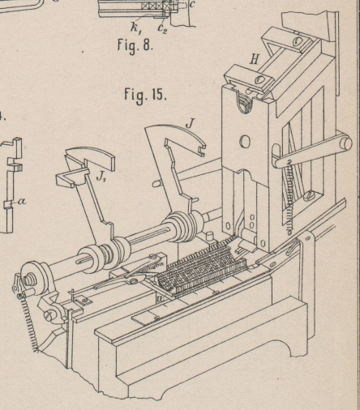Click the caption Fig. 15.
[x=145, y=95]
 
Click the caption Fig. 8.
[x=135, y=45]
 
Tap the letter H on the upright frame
[x=254, y=59]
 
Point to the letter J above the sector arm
[x=191, y=124]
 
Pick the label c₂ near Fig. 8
[x=162, y=28]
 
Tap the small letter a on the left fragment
[x=23, y=201]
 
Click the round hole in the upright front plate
[x=245, y=142]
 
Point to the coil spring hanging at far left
[x=28, y=322]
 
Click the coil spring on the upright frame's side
[x=289, y=197]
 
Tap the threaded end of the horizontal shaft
[x=28, y=280]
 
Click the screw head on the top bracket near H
[x=260, y=80]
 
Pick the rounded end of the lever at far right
[x=346, y=143]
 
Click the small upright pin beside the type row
[x=209, y=237]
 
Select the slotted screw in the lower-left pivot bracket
[x=49, y=314]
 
